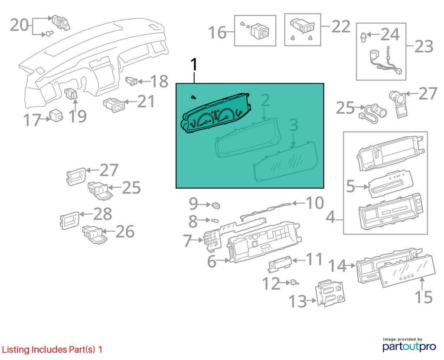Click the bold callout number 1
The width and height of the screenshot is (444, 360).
[194, 65]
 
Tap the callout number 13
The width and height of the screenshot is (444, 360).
[297, 301]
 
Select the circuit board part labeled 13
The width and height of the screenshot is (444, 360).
[330, 294]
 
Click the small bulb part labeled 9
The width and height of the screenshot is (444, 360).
[216, 205]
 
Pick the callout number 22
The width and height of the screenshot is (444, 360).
[341, 26]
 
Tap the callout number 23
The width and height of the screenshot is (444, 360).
[424, 46]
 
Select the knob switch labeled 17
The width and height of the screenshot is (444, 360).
[56, 115]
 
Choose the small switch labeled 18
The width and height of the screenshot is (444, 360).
[131, 81]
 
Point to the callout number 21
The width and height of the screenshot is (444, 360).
[146, 101]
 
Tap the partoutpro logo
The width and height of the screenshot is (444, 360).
[409, 345]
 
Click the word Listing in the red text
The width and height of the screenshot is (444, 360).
[16, 350]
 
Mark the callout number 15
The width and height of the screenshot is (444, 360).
[424, 297]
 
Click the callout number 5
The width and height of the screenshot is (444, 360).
[350, 186]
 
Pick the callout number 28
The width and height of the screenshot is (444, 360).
[102, 214]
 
